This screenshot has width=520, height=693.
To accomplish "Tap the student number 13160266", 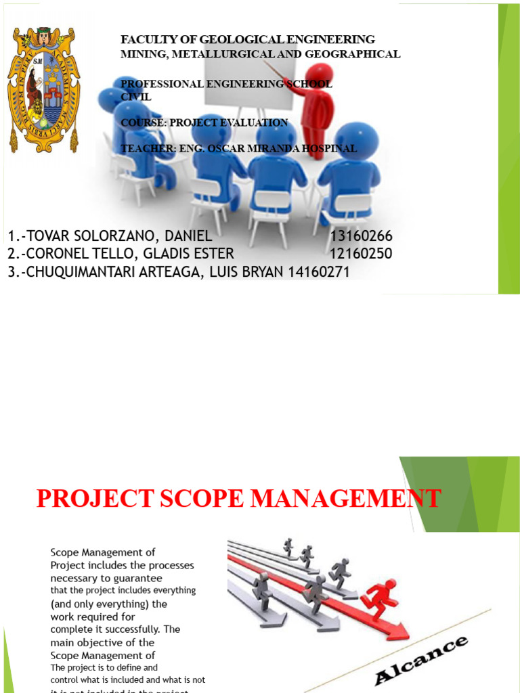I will [x=361, y=236].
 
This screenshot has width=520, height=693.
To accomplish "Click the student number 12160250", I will [x=361, y=254].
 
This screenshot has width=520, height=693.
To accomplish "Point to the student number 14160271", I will [x=318, y=272].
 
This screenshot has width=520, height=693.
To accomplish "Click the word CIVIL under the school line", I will [x=136, y=97].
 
